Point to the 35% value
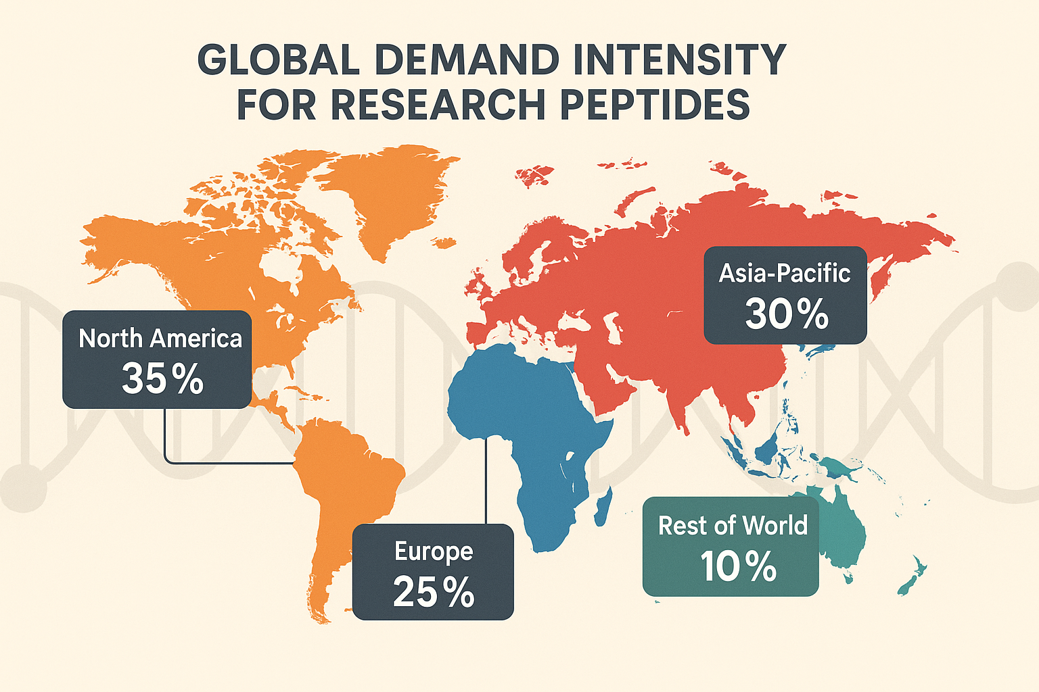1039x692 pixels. pos(162,378)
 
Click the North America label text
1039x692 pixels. pos(160,339)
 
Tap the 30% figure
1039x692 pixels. pos(787,314)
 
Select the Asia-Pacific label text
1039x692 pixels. pos(785,274)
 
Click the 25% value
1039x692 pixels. pos(434,592)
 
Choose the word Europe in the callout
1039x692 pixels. pos(434,551)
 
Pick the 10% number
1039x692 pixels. pos(738,566)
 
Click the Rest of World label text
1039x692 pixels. pos(733,526)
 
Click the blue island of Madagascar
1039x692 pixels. pos(604,504)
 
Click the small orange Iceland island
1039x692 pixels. pos(443,242)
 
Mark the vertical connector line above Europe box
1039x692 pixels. pos(486,480)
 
